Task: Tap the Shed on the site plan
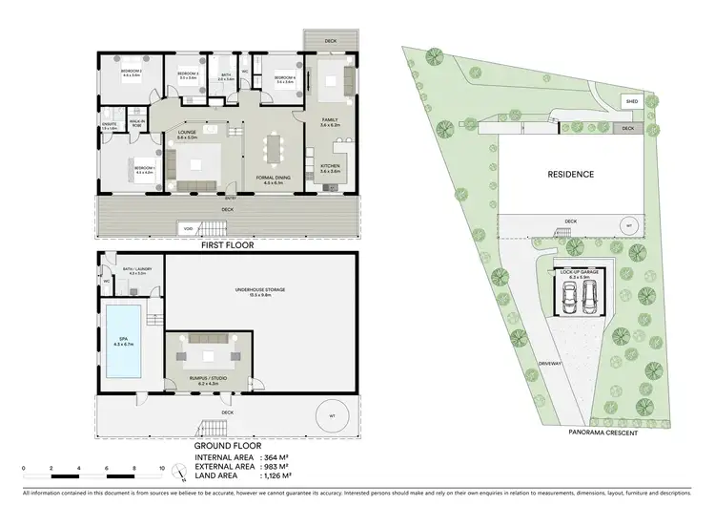(630, 99)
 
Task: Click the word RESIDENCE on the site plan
(570, 175)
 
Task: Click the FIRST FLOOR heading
(226, 245)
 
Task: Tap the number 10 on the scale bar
(162, 468)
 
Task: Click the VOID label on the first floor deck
(189, 226)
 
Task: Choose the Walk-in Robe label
(137, 122)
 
